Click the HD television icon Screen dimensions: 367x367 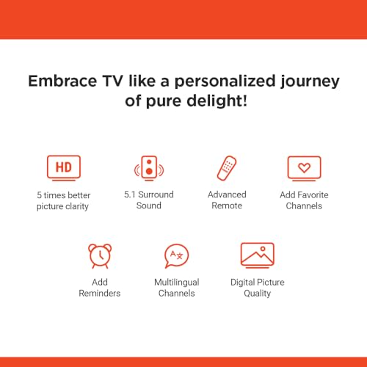tap(64, 168)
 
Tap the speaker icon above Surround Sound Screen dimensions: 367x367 tap(149, 168)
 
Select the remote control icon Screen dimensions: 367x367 tap(227, 168)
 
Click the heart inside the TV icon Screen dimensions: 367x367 tap(304, 167)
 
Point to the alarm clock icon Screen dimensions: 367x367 tap(100, 256)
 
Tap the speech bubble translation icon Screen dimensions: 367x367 tap(177, 256)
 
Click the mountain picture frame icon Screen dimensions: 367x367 tap(258, 255)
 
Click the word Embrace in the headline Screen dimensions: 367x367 tap(62, 81)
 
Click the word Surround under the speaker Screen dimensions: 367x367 tap(156, 195)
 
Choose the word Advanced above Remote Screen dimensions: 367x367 tap(227, 195)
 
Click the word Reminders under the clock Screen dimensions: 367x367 tap(100, 293)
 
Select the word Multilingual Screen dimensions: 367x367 tap(177, 283)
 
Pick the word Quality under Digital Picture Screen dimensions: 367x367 tap(258, 294)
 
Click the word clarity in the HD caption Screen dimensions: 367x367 tap(77, 207)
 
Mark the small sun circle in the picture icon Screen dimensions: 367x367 tap(263, 249)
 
